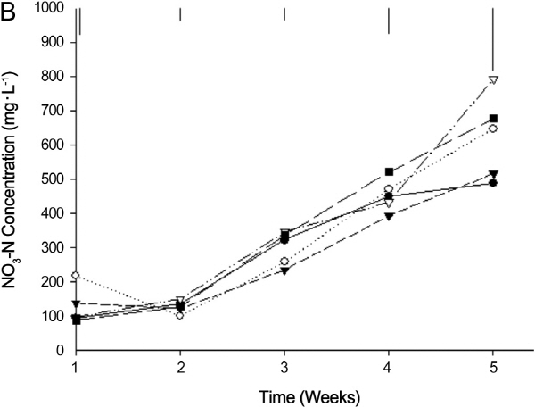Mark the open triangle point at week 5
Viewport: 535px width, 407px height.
click(493, 80)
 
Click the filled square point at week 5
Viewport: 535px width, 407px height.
click(493, 119)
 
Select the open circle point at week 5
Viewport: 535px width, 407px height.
click(493, 129)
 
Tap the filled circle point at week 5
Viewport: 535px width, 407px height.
click(493, 183)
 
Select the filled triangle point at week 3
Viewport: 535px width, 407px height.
click(284, 271)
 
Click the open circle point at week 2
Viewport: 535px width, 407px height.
click(180, 315)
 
